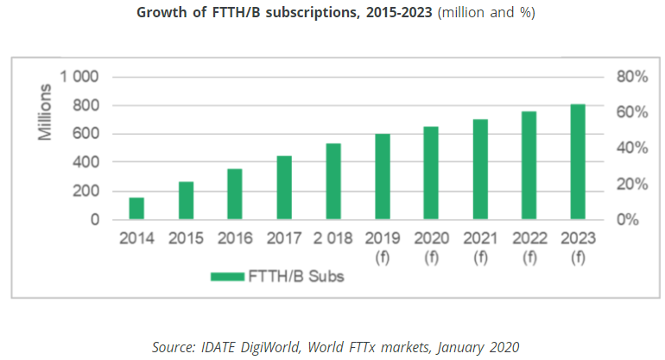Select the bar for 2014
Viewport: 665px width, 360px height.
point(136,209)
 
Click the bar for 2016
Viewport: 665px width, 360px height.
point(235,194)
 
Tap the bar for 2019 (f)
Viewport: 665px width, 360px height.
point(382,177)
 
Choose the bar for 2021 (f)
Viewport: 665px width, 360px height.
point(480,169)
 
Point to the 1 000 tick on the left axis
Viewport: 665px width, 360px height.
point(79,78)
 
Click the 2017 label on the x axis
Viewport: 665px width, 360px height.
point(283,238)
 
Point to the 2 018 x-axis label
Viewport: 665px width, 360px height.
point(332,238)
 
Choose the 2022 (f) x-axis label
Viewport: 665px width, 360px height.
point(529,246)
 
